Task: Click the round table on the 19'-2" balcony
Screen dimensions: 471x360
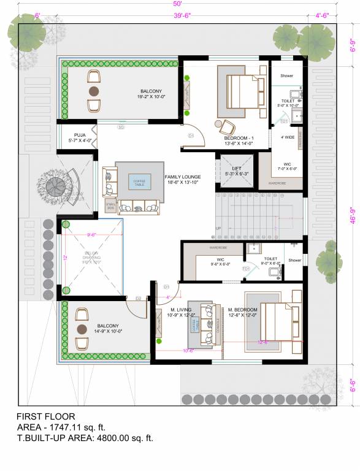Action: (x=94, y=91)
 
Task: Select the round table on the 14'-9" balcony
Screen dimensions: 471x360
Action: (x=82, y=329)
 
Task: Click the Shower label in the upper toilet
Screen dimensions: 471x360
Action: (x=287, y=75)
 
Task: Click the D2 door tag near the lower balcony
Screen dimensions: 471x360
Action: (x=139, y=299)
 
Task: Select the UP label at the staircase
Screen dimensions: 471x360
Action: (x=218, y=228)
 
